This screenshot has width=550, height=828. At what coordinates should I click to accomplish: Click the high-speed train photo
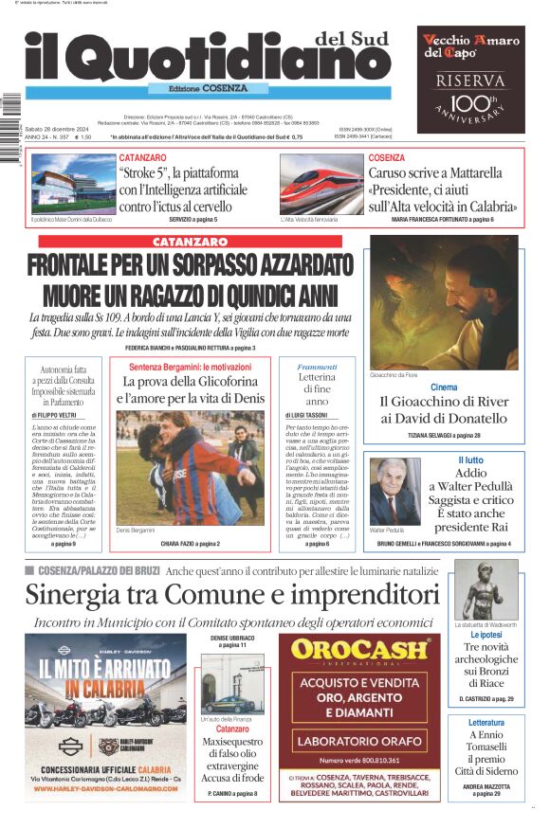(x=321, y=184)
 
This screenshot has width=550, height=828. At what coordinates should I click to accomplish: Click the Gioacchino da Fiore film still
(x=444, y=302)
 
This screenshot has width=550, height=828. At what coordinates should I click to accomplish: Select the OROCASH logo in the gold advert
(x=358, y=650)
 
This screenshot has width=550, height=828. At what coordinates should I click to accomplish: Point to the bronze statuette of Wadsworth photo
(x=486, y=589)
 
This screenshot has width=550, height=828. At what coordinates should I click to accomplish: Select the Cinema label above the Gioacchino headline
(x=444, y=387)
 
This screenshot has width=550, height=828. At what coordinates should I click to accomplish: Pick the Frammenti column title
(x=317, y=366)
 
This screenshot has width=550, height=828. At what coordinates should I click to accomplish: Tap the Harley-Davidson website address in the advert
(x=104, y=787)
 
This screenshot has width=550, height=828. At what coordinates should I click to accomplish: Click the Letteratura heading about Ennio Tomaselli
(x=486, y=723)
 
